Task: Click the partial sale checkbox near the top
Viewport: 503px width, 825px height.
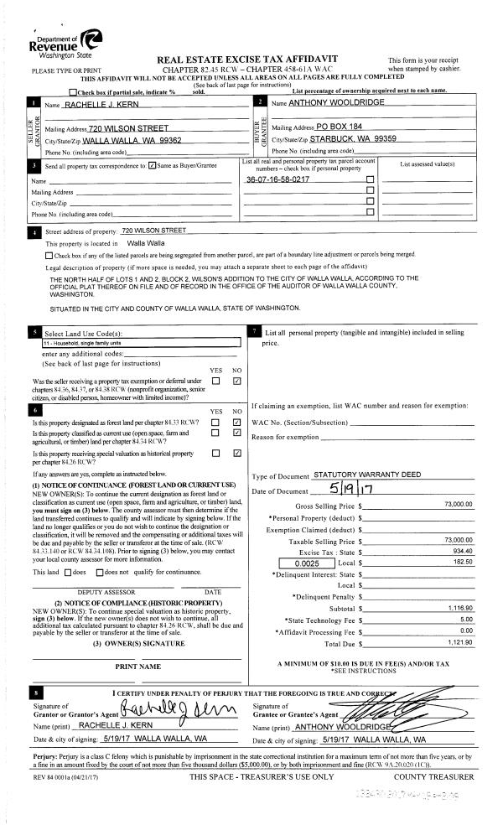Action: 73,91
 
